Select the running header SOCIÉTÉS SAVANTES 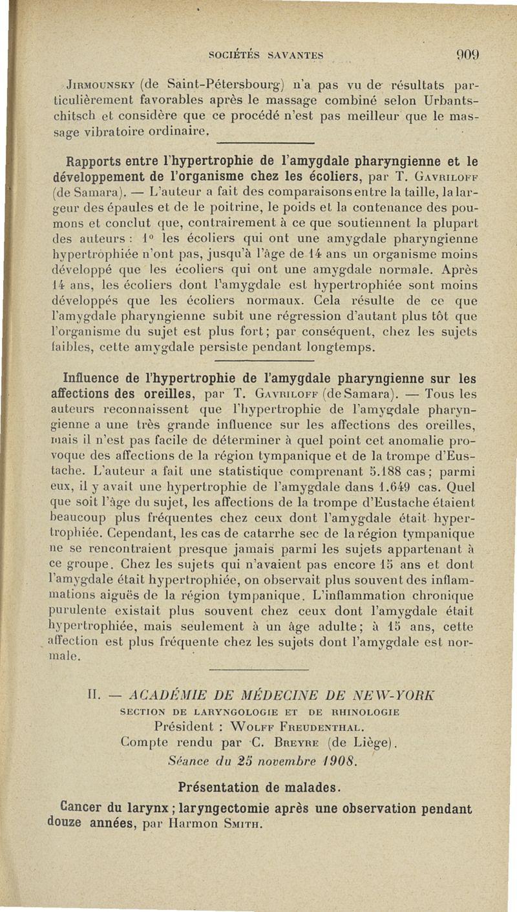click(270, 55)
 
